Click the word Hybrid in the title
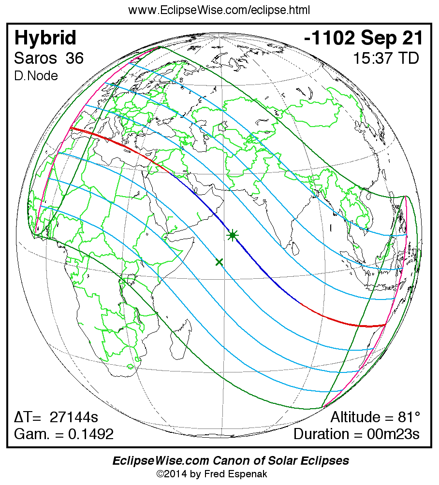(x=45, y=38)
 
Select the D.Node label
(x=36, y=76)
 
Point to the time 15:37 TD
(x=385, y=58)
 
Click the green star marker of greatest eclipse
(x=233, y=235)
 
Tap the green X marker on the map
(x=219, y=262)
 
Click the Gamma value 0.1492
(x=91, y=434)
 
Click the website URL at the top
(x=219, y=10)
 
